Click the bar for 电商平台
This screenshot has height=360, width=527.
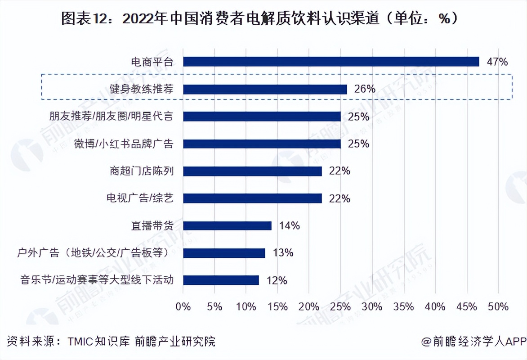[331, 62]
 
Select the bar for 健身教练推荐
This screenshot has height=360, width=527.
[265, 89]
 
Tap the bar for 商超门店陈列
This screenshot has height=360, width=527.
[252, 171]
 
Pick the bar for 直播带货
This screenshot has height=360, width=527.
[227, 225]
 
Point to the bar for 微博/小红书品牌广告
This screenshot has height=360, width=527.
[262, 144]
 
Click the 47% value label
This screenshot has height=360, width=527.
[497, 62]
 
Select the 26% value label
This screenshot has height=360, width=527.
[365, 89]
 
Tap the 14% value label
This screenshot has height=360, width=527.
[289, 225]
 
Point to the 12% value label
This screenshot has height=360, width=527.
[277, 280]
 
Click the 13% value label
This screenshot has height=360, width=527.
[283, 253]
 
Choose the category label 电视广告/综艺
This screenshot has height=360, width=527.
[139, 198]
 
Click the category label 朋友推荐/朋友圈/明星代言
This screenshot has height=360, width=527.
[111, 116]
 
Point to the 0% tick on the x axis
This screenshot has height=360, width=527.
[183, 307]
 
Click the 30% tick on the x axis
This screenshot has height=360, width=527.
[372, 307]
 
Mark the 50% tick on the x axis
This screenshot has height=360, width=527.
[498, 307]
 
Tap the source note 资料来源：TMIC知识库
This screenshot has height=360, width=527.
[112, 341]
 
